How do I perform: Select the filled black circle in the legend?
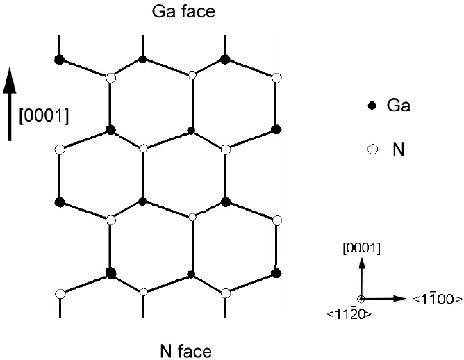372,106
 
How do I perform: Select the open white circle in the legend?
372,149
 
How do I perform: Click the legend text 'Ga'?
397,106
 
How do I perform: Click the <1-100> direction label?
437,299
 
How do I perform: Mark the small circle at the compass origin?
361,299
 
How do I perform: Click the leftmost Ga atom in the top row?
59,60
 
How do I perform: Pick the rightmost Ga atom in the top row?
225,60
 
